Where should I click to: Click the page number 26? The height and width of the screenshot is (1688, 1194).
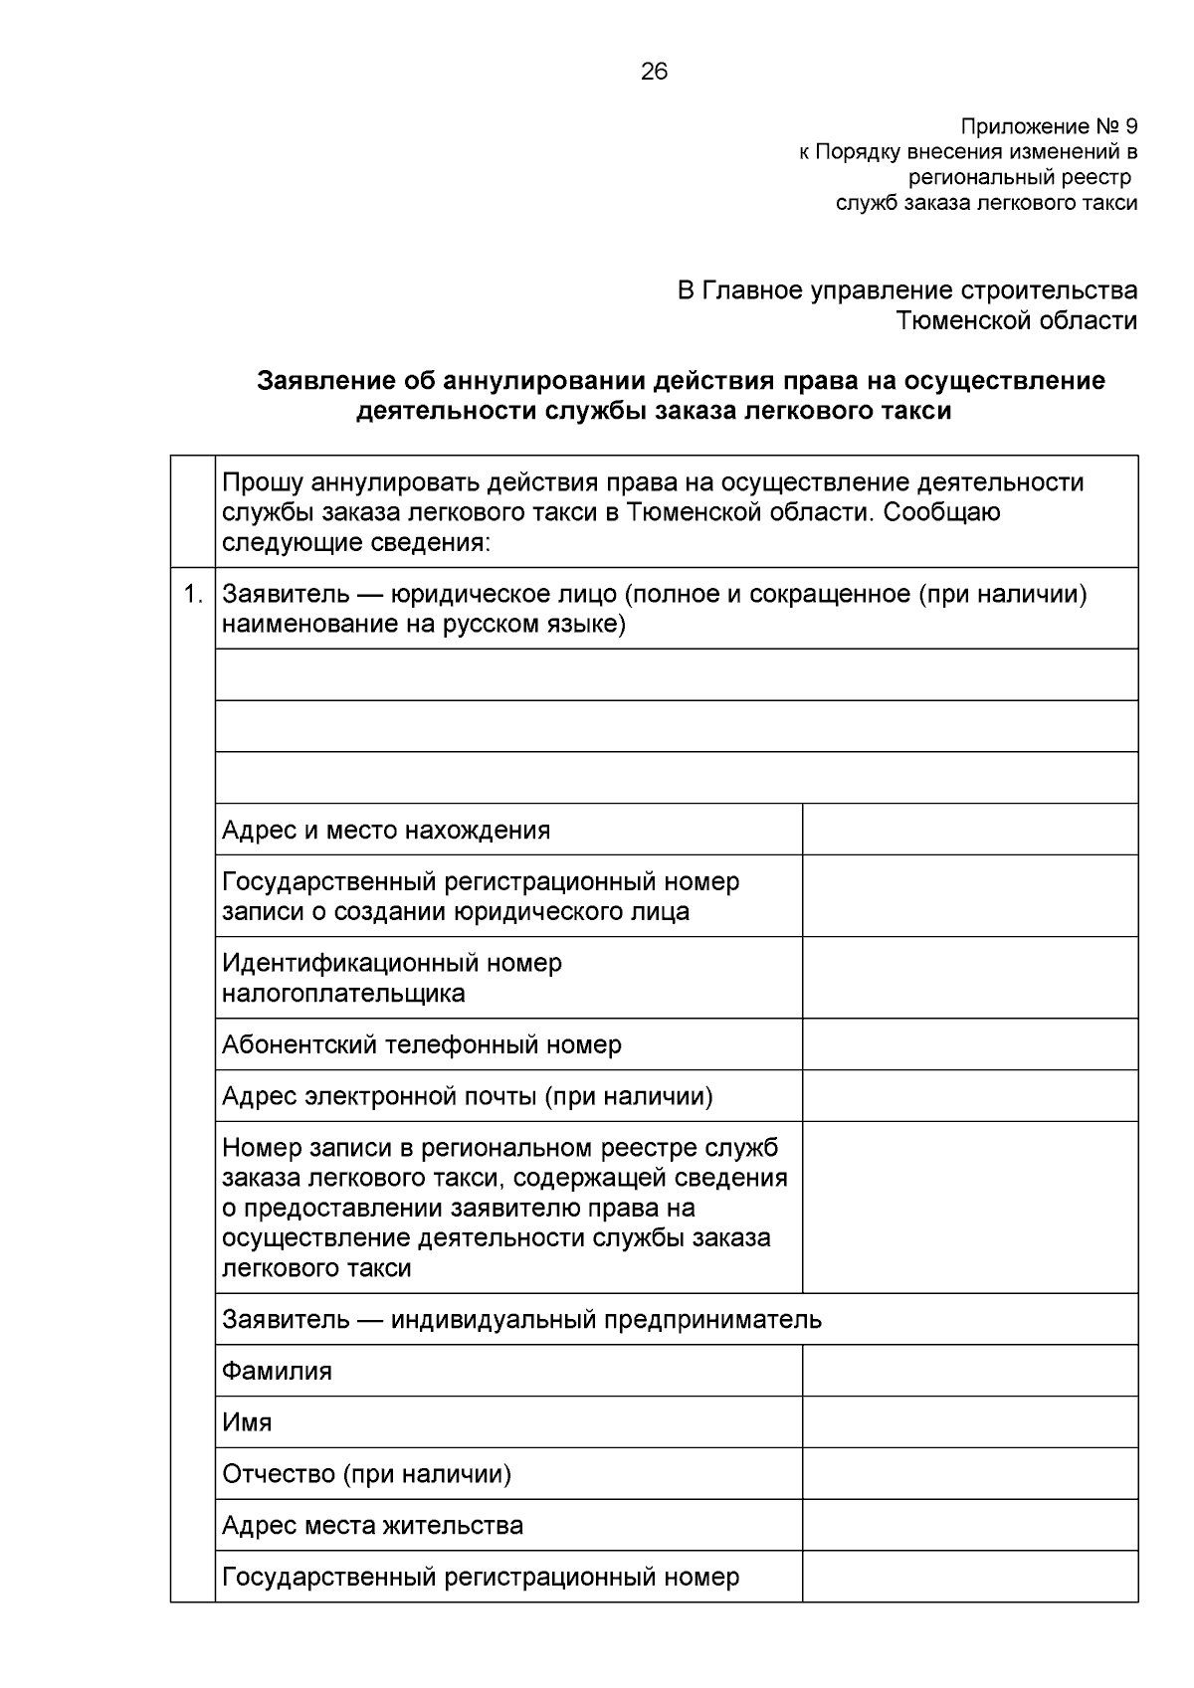[x=654, y=72]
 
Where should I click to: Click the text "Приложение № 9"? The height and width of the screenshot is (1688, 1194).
[x=1048, y=127]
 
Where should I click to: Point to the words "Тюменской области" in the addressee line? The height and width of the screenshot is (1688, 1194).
[x=1016, y=320]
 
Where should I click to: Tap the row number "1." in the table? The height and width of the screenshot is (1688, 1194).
[x=193, y=595]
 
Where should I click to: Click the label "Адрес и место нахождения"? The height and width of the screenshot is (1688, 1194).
[x=386, y=831]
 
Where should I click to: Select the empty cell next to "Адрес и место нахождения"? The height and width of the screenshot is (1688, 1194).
[x=969, y=830]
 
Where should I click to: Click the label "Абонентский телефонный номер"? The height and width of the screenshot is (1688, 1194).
[x=422, y=1045]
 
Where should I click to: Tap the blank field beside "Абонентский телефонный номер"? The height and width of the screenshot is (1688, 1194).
[x=969, y=1044]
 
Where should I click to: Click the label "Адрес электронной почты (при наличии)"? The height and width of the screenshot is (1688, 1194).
[x=468, y=1097]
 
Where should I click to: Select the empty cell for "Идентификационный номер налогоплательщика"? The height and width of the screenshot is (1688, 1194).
[x=969, y=978]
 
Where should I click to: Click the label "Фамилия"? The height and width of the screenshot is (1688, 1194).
[x=277, y=1372]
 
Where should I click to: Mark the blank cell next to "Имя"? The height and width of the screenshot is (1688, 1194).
[x=969, y=1421]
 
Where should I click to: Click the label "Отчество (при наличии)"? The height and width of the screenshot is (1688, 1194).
[x=366, y=1474]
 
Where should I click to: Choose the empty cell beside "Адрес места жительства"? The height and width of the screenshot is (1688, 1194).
[x=969, y=1525]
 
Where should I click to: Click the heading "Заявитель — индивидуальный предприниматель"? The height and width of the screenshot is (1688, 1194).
[x=521, y=1320]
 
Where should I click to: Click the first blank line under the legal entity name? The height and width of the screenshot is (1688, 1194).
[x=677, y=675]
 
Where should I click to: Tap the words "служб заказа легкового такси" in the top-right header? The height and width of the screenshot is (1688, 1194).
[x=985, y=203]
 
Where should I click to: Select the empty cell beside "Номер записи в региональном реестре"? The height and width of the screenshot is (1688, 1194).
[x=969, y=1208]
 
